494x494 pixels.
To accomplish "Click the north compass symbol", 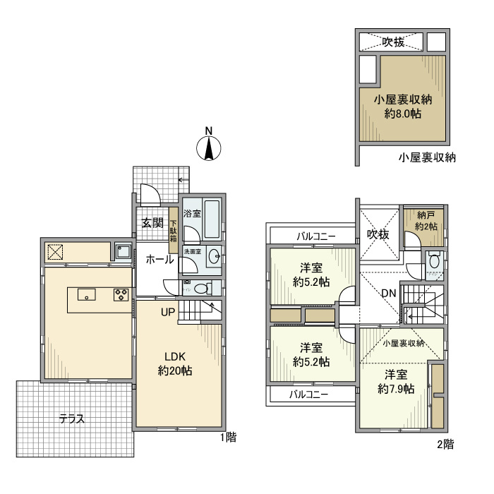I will pyautogui.click(x=208, y=149).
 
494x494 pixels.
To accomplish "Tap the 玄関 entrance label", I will pyautogui.click(x=152, y=224).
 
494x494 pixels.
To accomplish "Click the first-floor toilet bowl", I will pyautogui.click(x=202, y=288).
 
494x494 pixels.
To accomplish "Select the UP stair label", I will pyautogui.click(x=167, y=311).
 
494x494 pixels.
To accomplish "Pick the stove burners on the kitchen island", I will pyautogui.click(x=121, y=295).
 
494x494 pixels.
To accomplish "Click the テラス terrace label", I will pyautogui.click(x=71, y=418).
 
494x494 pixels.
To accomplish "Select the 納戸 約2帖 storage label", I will pyautogui.click(x=426, y=222).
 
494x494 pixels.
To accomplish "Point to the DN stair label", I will pyautogui.click(x=388, y=293).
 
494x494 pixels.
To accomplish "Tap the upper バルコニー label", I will pyautogui.click(x=315, y=236).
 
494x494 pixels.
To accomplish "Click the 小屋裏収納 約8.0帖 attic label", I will pyautogui.click(x=402, y=106).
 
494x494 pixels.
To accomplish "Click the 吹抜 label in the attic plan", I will pyautogui.click(x=393, y=42).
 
